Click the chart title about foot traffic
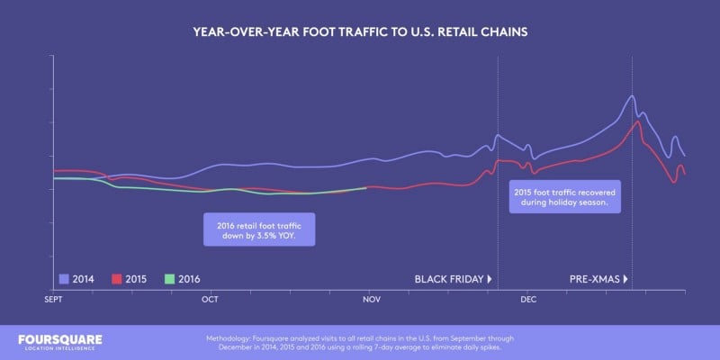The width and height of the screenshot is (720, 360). click(360, 31)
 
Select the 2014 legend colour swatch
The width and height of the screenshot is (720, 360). click(64, 279)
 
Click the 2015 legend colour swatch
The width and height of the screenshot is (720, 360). click(117, 279)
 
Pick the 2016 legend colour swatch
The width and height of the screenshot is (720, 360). click(169, 279)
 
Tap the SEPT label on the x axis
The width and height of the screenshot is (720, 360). click(54, 298)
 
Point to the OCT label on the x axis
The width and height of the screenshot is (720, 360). click(211, 298)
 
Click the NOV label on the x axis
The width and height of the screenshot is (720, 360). click(370, 298)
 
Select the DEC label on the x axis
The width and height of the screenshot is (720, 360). click(528, 298)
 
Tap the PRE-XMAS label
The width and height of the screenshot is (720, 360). click(594, 279)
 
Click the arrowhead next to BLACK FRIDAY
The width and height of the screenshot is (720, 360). click(490, 279)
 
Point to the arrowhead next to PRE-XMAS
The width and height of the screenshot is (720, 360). click(625, 279)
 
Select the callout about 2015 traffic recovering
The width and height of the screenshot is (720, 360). click(562, 197)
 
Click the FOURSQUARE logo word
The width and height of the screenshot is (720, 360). click(60, 339)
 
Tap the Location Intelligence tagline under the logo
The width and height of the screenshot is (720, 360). click(60, 349)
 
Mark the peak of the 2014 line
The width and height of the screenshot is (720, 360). click(633, 95)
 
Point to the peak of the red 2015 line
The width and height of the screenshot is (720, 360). click(636, 121)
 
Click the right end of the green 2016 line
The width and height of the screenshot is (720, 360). click(366, 187)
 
